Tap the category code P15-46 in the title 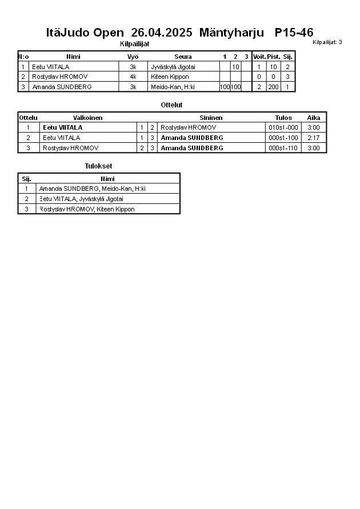click(294, 33)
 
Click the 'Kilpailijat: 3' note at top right click(327, 42)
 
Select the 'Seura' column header click(183, 57)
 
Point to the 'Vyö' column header click(133, 57)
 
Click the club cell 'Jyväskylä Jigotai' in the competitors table click(173, 67)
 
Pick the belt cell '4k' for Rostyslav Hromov click(133, 77)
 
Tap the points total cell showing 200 click(273, 87)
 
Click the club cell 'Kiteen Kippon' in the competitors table click(170, 77)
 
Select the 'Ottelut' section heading click(171, 105)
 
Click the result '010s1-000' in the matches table click(283, 127)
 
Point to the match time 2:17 click(313, 138)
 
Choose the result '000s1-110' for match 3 click(283, 148)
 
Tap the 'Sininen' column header click(211, 118)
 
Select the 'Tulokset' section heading click(98, 166)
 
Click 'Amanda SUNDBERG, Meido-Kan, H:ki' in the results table click(93, 189)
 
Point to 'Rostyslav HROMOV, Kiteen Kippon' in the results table click(87, 209)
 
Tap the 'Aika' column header click(313, 118)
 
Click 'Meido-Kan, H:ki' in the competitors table click(173, 87)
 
